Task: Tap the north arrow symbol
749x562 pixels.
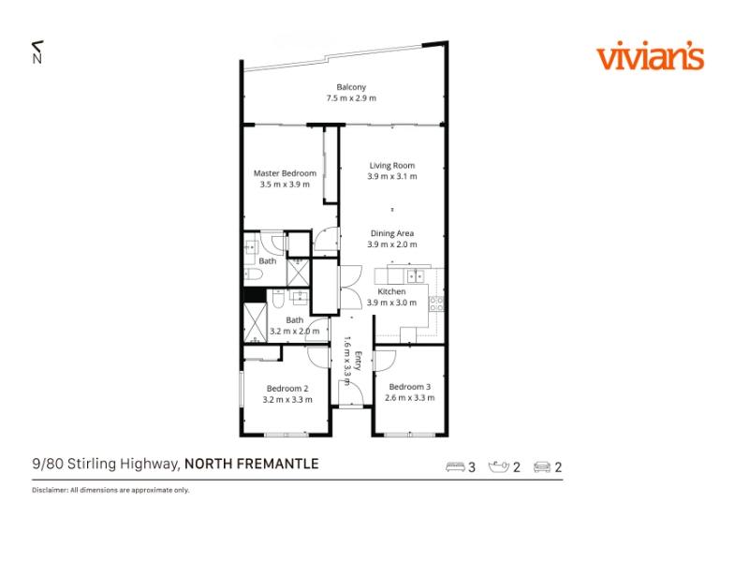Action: tap(37, 52)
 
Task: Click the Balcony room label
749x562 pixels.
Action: tap(351, 87)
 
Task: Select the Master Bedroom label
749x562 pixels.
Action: tap(285, 173)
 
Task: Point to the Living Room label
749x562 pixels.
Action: tap(391, 166)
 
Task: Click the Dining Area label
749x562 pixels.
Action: tap(391, 233)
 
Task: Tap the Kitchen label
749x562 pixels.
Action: tap(391, 291)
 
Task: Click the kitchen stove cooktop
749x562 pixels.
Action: tap(436, 303)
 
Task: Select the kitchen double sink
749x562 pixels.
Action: tap(415, 275)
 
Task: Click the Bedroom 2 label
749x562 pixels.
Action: tap(287, 389)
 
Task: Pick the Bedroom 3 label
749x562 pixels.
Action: tap(409, 387)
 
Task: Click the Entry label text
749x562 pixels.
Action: tap(359, 361)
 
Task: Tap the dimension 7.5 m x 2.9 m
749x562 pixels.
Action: tap(351, 98)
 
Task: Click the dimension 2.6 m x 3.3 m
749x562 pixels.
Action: tap(409, 397)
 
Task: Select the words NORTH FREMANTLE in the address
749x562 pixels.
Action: tap(251, 464)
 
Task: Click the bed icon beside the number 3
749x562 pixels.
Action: tap(455, 466)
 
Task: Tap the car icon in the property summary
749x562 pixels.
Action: tap(542, 466)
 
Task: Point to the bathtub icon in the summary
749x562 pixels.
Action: tap(499, 466)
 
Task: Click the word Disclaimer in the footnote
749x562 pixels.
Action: tap(50, 490)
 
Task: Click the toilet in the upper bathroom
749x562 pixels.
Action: tap(253, 274)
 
